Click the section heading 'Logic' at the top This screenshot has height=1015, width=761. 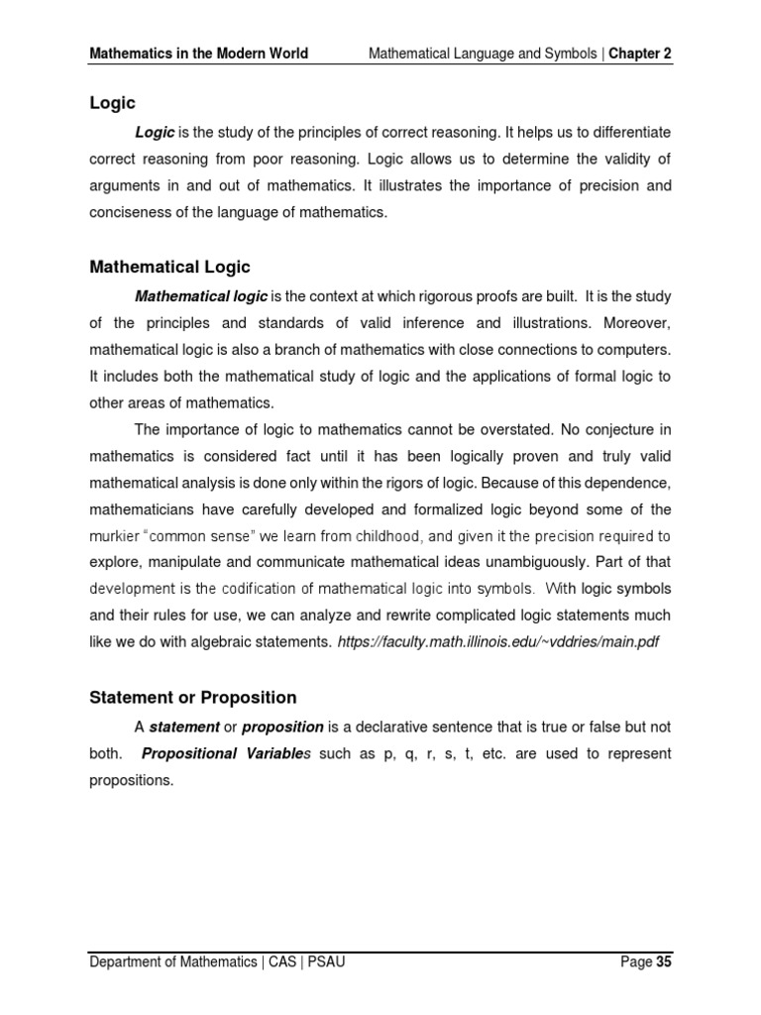point(112,103)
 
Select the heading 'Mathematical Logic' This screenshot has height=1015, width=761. point(170,267)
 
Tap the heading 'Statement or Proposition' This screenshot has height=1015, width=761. point(193,698)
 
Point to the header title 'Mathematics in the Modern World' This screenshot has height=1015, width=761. point(199,53)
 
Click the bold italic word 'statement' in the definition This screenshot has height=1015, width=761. point(183,727)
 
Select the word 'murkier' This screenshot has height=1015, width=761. point(118,536)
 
